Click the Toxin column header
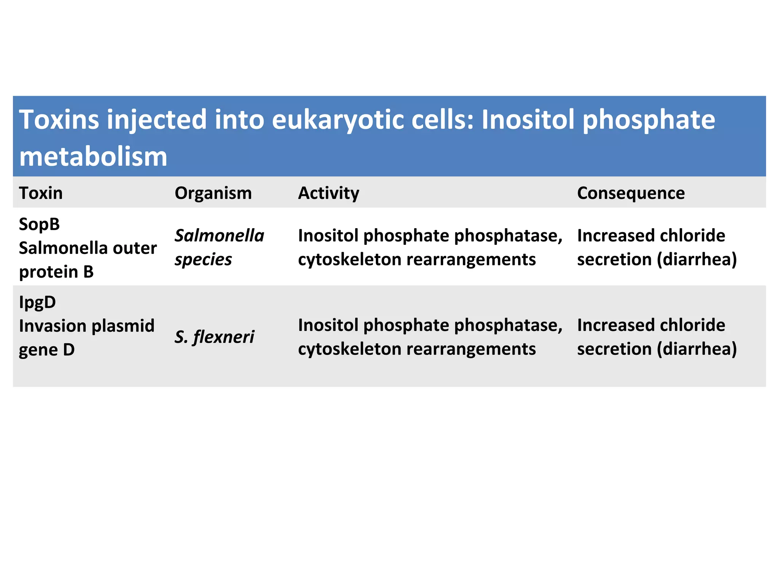[41, 193]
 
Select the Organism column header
[213, 193]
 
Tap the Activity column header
[328, 193]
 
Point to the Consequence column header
[631, 193]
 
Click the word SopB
[39, 224]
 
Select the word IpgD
[37, 302]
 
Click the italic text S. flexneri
[214, 337]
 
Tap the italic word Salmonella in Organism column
[219, 236]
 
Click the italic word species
[203, 260]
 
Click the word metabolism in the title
[93, 157]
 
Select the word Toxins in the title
[59, 119]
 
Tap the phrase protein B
[56, 272]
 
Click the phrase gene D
[46, 350]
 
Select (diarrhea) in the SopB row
[697, 260]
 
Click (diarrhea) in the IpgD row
[697, 349]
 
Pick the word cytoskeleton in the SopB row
[349, 260]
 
